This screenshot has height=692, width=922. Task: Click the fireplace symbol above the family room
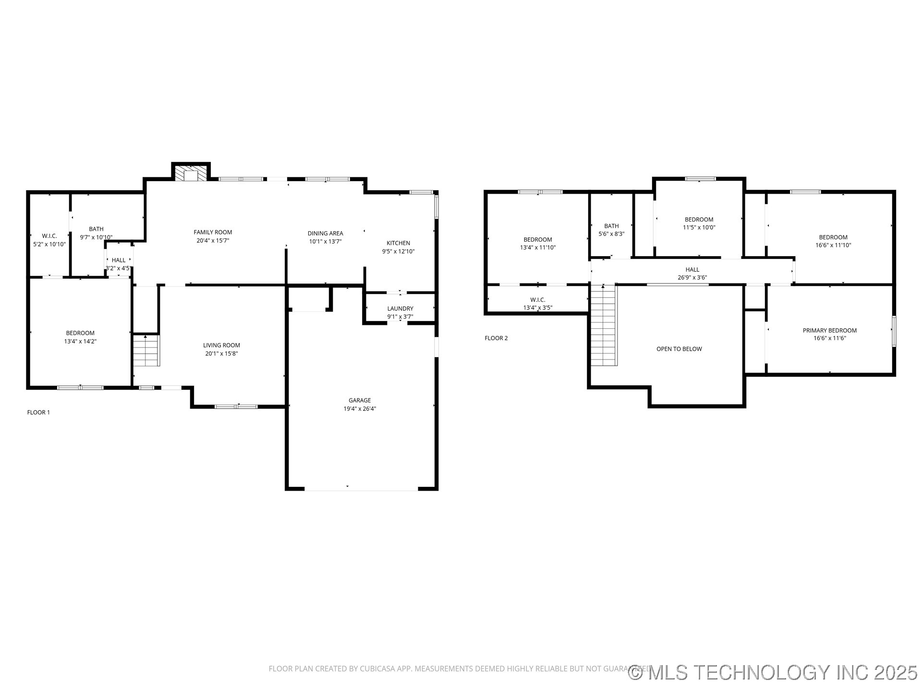(191, 173)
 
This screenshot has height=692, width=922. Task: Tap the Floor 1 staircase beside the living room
(146, 350)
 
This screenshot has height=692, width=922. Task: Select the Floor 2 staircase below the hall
(604, 325)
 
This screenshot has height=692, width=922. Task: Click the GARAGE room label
(360, 400)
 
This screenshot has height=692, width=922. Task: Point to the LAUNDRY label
(400, 309)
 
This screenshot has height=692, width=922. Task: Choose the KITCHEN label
(399, 243)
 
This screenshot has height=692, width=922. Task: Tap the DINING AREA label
(326, 234)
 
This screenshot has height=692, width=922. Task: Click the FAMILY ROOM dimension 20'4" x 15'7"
(213, 240)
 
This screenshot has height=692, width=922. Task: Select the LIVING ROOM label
(221, 345)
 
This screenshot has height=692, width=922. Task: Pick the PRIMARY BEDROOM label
(830, 330)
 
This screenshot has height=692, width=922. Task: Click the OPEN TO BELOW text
(679, 349)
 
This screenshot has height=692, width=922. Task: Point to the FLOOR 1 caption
(38, 412)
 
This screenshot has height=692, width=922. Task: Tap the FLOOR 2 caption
(496, 338)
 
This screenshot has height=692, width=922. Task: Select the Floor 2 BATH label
(611, 226)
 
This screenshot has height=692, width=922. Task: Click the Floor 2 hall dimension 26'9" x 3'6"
(692, 277)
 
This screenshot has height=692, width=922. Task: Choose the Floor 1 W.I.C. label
(49, 236)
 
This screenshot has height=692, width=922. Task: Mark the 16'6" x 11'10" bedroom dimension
(833, 245)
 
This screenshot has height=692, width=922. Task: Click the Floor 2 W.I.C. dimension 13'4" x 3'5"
(538, 308)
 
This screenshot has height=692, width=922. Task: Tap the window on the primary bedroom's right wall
(894, 331)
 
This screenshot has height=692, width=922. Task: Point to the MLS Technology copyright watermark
(773, 672)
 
